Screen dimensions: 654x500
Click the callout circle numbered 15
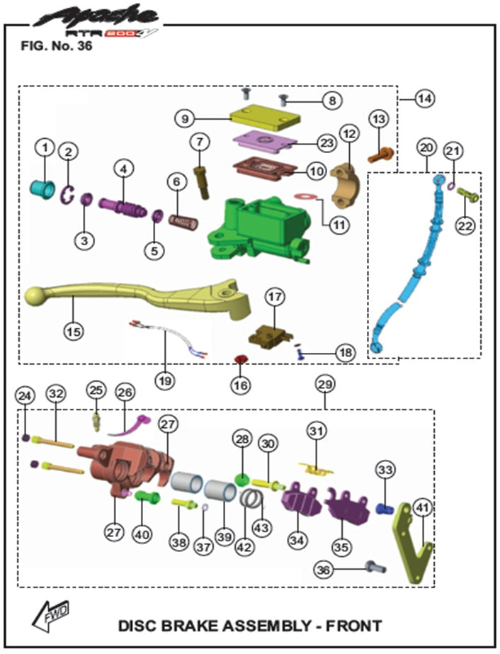[x=72, y=331]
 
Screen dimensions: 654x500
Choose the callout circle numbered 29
[x=325, y=383]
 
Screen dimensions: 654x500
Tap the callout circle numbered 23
[x=326, y=142]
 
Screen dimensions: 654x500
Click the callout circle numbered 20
[x=425, y=148]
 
